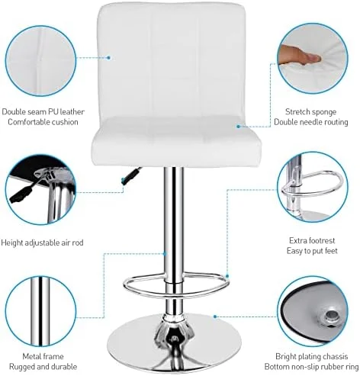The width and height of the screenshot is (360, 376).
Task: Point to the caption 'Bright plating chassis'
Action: coord(312,355)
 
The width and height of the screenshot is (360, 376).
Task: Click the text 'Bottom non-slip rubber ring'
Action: coord(312,367)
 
